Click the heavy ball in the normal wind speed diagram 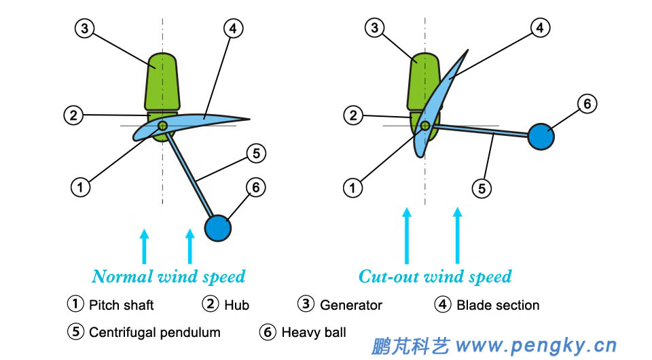pyautogui.click(x=218, y=227)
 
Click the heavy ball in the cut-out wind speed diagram pyautogui.click(x=541, y=136)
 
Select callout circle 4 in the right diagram pyautogui.click(x=540, y=29)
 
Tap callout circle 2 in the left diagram pyautogui.click(x=74, y=115)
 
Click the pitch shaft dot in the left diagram pyautogui.click(x=163, y=126)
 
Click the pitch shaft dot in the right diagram pyautogui.click(x=425, y=126)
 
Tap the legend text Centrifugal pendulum pyautogui.click(x=155, y=332)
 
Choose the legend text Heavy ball pyautogui.click(x=314, y=332)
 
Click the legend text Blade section pyautogui.click(x=498, y=305)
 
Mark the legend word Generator pyautogui.click(x=351, y=305)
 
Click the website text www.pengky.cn pyautogui.click(x=537, y=346)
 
